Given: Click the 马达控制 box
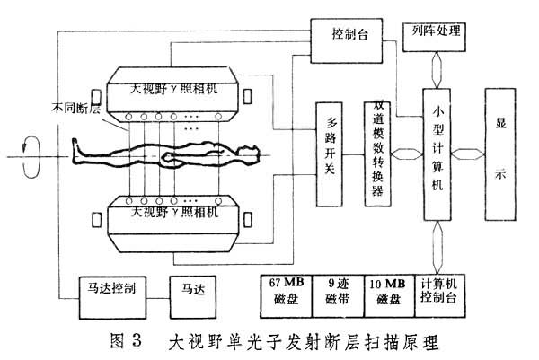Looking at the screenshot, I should [106, 291].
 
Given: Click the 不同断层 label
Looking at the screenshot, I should [75, 111].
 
